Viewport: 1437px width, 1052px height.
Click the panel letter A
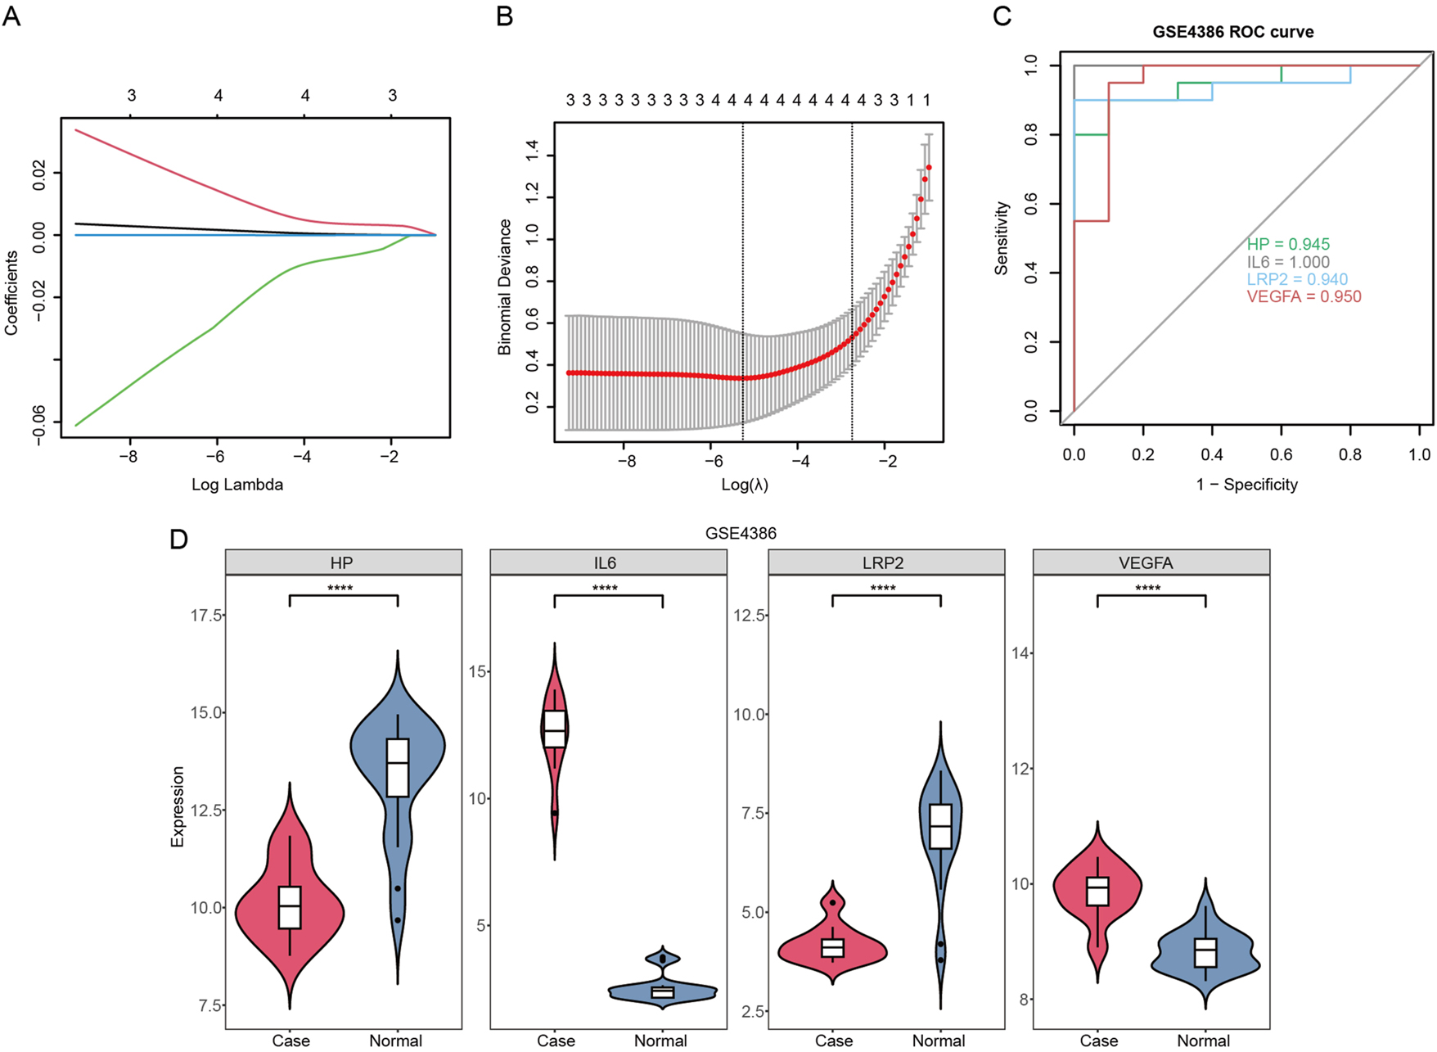[11, 16]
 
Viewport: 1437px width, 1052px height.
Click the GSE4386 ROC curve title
[1232, 32]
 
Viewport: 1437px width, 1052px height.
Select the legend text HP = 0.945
[1288, 244]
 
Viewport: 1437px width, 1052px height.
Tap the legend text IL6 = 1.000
[1288, 262]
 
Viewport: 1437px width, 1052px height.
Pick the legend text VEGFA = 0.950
[1304, 296]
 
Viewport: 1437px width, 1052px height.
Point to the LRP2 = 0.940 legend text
[1297, 279]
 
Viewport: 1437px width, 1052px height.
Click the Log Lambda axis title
[237, 485]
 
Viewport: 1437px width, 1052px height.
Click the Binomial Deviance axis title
[504, 287]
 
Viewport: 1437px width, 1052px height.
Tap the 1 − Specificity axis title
[1246, 485]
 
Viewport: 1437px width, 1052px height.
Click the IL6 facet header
[605, 563]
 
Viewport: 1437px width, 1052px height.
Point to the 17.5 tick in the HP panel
[206, 615]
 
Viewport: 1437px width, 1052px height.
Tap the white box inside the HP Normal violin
[398, 767]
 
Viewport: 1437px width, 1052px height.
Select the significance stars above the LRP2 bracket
[883, 589]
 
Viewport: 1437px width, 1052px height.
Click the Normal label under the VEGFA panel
[1203, 1041]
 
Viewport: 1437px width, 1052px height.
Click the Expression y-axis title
[178, 806]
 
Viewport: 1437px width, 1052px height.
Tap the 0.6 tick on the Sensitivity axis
[1031, 203]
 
